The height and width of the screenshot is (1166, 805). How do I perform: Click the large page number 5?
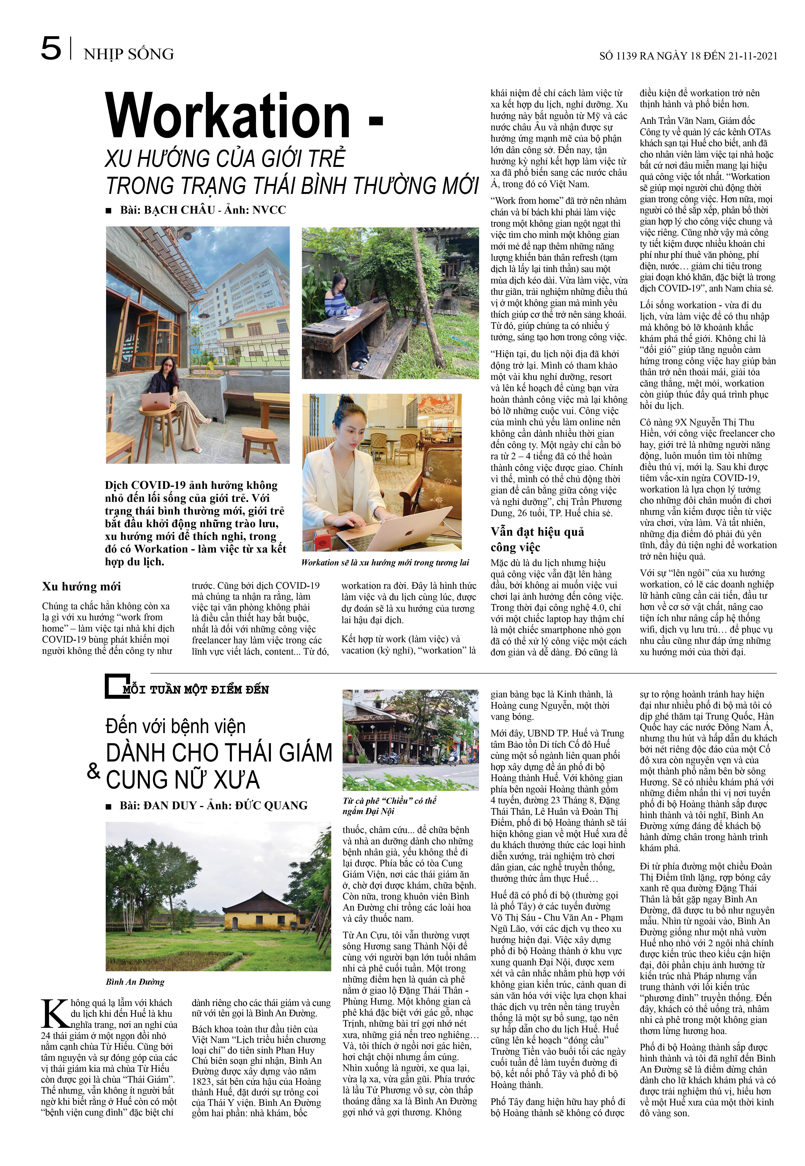[x=51, y=49]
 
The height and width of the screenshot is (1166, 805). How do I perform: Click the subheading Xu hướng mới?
[x=82, y=586]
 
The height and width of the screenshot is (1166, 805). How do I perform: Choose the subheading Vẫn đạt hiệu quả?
[x=537, y=532]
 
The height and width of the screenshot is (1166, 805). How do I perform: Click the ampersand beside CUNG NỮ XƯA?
[x=94, y=771]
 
